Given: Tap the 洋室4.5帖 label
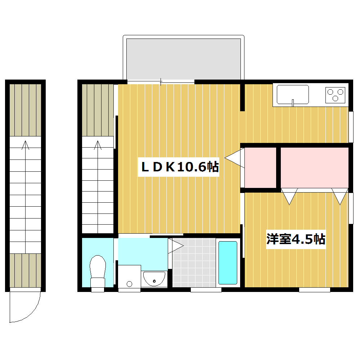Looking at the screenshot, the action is coord(296,239).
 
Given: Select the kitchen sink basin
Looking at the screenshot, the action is coord(293,94).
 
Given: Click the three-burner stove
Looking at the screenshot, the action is coord(335,95).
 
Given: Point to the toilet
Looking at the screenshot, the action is coord(98,271).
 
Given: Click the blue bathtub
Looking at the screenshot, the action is coord(228,263).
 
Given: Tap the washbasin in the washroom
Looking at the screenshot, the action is coord(154,279).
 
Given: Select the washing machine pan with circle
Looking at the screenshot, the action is coord(130,276).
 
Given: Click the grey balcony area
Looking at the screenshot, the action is coord(184,59).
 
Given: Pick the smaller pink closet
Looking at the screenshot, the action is coord(260,168).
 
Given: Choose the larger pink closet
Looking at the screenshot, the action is coord(315,168).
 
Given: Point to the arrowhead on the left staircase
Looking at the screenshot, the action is coord(25,145).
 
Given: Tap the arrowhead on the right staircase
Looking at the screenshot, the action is coord(98,145).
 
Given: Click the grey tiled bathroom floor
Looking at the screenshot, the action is coord(194,263).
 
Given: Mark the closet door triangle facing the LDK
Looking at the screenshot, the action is coord(234,158).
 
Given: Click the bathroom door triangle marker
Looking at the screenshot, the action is coord(176,246).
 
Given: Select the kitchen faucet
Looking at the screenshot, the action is coord(293,103).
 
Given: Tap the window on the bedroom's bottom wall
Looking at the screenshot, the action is coord(315,290).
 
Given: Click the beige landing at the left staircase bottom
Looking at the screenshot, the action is coord(25,270).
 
